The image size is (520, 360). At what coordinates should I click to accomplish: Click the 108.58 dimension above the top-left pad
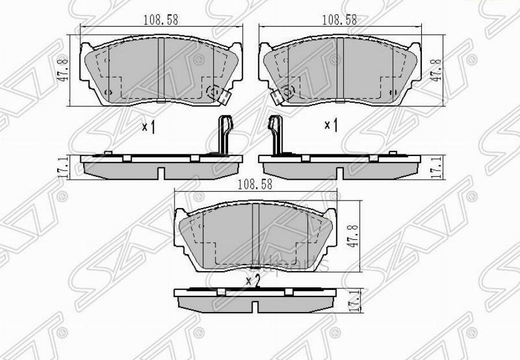[160, 19]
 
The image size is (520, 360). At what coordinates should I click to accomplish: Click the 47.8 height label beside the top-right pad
[437, 70]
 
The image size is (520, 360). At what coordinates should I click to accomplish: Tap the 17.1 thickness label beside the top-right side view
[437, 168]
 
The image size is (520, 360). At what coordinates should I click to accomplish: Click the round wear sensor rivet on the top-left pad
[213, 91]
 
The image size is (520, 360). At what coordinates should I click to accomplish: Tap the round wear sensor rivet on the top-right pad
[288, 91]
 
